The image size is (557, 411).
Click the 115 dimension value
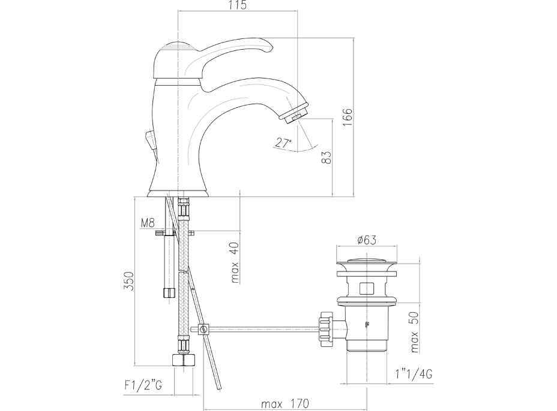point(237,5)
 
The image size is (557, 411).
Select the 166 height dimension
point(347,117)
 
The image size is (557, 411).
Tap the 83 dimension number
point(326,157)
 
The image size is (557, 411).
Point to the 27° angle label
point(283,143)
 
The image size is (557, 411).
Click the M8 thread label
point(148,223)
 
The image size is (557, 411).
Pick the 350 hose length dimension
point(128,281)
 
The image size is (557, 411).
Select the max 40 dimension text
point(235,263)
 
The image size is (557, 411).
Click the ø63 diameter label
point(367,240)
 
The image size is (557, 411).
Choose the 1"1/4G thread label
point(414,374)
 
